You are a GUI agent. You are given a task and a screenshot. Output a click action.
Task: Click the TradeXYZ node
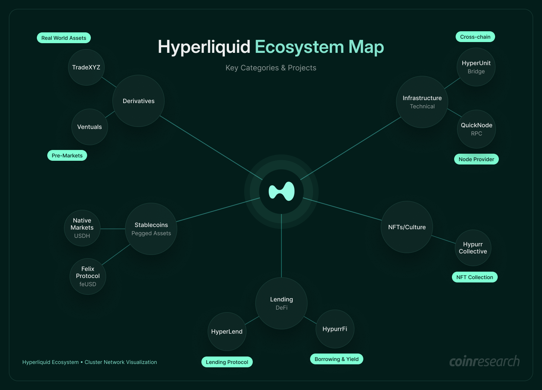tap(86, 67)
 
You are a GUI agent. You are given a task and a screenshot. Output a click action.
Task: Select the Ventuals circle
tap(89, 127)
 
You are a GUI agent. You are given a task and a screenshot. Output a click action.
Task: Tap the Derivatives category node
tap(138, 101)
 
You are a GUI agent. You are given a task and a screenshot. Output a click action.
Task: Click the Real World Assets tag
tap(64, 38)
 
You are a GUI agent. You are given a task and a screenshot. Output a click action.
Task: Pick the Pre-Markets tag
tap(67, 156)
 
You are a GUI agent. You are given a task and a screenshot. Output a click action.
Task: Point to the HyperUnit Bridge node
tap(476, 67)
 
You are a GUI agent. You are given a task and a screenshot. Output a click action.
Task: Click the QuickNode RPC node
tap(476, 129)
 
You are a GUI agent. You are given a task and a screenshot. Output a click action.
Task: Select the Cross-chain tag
tap(475, 37)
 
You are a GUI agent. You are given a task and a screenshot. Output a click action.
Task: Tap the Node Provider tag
tap(476, 159)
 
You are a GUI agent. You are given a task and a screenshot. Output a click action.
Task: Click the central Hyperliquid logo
tap(281, 192)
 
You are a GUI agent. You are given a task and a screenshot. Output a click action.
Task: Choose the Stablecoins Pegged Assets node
tap(151, 229)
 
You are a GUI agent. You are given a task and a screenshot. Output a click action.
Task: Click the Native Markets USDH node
tap(82, 228)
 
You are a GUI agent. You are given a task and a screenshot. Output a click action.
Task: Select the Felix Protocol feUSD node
tap(88, 276)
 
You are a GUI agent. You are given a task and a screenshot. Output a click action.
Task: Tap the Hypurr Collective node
tap(473, 248)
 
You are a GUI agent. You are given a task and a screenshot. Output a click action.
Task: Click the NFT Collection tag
tap(475, 277)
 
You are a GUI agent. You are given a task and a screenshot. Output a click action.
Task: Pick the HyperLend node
tap(227, 332)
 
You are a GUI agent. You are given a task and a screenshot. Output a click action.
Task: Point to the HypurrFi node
tap(335, 329)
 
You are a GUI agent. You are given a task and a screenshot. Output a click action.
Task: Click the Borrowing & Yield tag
tap(337, 359)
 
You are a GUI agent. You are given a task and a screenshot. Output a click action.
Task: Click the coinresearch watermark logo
tap(484, 361)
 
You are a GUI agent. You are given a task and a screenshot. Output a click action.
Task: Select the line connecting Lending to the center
tap(281, 246)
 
